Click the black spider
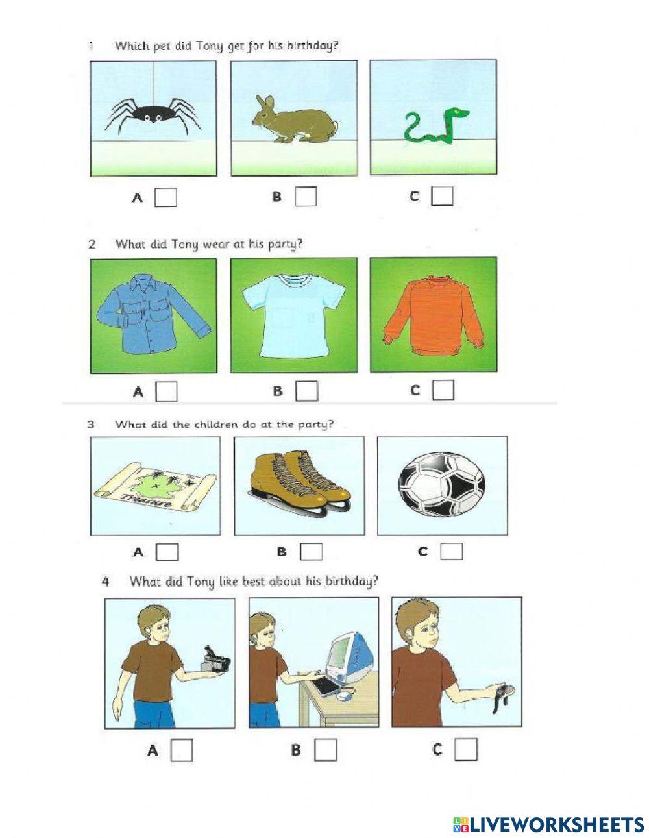153,114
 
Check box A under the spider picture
165,197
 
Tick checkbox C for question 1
442,196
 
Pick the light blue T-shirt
293,315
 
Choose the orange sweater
434,314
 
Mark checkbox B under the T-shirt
307,391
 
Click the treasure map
155,487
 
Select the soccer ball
441,485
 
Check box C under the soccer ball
451,552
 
